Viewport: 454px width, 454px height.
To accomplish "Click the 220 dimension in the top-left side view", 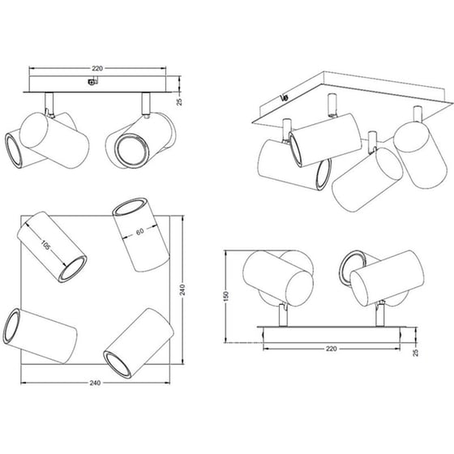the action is click(x=97, y=69).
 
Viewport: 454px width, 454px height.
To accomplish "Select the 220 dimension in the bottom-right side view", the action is click(x=332, y=349).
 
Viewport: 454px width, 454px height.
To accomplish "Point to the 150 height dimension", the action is click(x=226, y=297).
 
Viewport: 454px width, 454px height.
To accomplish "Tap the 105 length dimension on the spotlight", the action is click(x=45, y=246).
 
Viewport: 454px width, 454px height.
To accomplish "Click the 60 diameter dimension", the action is click(x=139, y=231).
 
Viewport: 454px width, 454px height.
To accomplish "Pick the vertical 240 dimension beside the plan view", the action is click(x=182, y=289).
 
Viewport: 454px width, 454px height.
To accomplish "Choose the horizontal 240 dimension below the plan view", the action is click(x=95, y=383).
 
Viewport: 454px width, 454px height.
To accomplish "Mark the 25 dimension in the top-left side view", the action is click(x=179, y=102).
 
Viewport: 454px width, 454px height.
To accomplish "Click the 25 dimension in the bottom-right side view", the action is click(x=415, y=353).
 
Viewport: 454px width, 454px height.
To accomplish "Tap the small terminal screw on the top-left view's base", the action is click(x=92, y=82).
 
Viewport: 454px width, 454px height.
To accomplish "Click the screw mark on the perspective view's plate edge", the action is click(x=284, y=98).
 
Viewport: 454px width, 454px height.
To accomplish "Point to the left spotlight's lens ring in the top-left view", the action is click(x=13, y=150).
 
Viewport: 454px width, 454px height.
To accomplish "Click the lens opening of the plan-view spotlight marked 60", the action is click(x=130, y=207).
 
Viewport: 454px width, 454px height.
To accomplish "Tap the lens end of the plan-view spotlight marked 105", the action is click(x=74, y=269).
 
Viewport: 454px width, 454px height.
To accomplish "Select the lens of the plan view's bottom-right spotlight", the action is click(x=118, y=365).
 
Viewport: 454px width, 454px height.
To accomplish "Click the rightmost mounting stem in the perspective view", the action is click(x=418, y=114).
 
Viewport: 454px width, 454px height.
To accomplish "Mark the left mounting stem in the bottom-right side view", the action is click(x=282, y=315).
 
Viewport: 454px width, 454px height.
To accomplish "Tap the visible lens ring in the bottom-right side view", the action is click(x=349, y=267).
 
